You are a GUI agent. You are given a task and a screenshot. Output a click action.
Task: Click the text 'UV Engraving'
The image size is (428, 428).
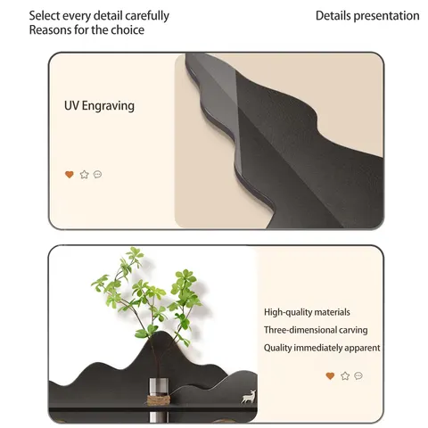click(99, 106)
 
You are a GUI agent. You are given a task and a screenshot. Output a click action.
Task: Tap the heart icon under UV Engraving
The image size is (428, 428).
click(70, 175)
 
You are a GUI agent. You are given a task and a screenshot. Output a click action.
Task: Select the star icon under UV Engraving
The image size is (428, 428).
click(85, 175)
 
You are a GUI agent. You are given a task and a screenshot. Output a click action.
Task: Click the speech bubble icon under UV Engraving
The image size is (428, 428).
click(97, 174)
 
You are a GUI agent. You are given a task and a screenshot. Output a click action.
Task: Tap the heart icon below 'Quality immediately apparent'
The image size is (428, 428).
click(330, 376)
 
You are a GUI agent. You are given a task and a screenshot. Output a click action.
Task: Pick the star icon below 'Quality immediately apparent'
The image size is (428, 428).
click(345, 376)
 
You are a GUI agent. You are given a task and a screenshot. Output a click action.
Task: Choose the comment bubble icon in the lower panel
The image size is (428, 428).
click(358, 375)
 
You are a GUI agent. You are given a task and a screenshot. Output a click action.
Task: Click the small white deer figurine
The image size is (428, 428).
click(249, 397)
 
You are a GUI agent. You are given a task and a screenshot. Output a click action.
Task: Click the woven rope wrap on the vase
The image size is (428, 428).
click(159, 400)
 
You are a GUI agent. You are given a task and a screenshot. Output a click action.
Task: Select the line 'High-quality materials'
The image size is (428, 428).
click(307, 312)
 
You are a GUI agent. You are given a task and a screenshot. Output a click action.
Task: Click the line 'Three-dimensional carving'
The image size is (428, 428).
click(316, 330)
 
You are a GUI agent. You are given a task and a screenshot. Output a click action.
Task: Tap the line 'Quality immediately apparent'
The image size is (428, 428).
click(322, 348)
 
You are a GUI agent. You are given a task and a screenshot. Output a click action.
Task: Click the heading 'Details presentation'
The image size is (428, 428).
click(367, 16)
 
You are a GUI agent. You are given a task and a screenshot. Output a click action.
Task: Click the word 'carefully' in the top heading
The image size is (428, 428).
click(147, 16)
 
